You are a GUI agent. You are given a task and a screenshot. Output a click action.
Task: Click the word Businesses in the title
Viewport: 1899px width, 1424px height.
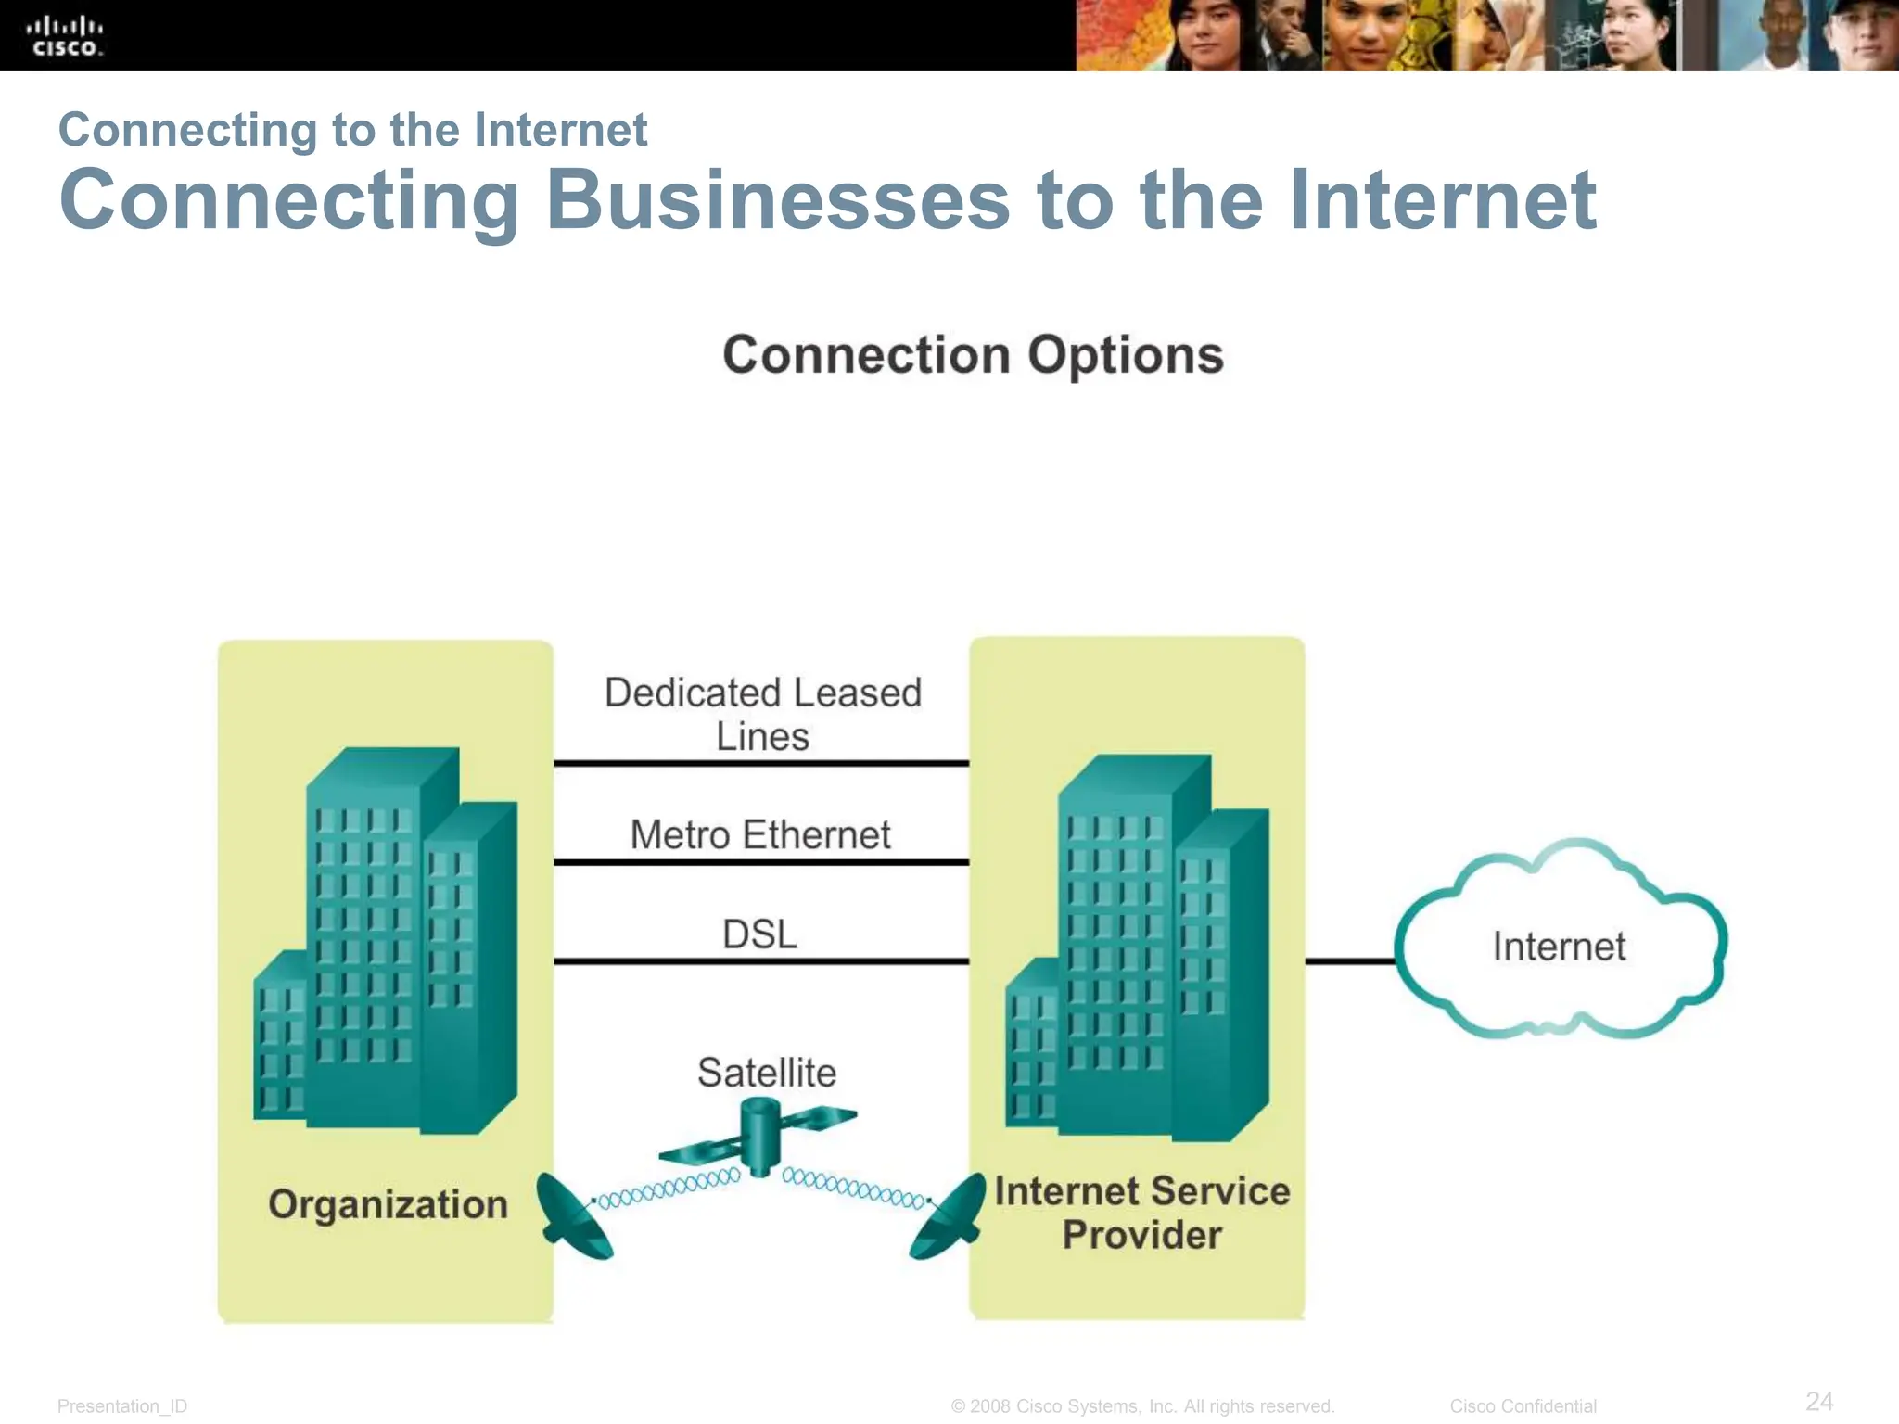[x=777, y=200]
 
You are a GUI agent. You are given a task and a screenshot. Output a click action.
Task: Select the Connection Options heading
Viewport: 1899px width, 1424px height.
[x=973, y=355]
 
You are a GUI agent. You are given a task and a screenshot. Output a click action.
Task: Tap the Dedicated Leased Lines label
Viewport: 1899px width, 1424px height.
[x=762, y=714]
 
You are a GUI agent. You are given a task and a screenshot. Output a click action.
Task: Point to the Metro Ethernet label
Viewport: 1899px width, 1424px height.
[x=760, y=834]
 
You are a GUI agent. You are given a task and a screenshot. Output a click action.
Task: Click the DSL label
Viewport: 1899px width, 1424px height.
[x=759, y=934]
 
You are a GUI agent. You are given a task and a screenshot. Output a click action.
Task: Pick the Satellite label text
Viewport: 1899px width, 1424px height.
[x=767, y=1073]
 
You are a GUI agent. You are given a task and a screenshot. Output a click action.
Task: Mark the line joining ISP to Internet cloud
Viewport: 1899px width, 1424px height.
[x=1350, y=961]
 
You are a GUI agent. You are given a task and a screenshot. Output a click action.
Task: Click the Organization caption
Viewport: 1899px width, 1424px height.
[x=389, y=1204]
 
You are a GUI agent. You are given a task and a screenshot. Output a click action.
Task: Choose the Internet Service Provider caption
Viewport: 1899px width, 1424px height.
[x=1141, y=1213]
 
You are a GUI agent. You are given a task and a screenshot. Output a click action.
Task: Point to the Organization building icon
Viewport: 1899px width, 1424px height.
[x=385, y=941]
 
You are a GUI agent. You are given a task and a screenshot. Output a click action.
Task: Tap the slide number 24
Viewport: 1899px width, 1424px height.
[x=1819, y=1401]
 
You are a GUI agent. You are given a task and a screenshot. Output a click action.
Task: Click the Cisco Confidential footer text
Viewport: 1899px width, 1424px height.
[x=1523, y=1406]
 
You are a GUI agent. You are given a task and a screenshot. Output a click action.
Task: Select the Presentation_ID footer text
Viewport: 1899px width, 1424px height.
[x=122, y=1406]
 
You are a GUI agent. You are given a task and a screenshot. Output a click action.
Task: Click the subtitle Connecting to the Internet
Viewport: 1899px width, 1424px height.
[x=352, y=129]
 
